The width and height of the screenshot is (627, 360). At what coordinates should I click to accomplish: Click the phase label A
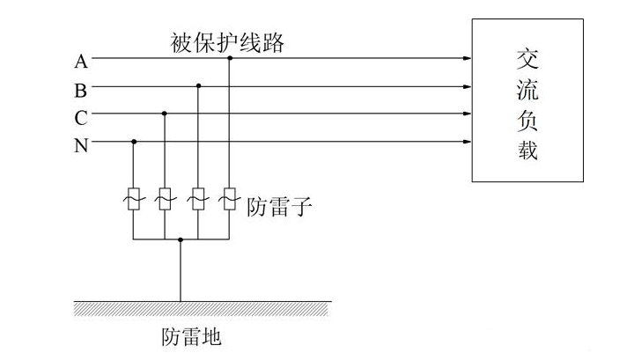80,61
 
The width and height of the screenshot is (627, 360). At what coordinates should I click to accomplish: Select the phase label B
80,88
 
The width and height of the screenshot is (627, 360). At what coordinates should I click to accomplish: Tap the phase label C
80,116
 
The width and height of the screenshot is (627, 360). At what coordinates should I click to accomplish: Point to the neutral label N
80,144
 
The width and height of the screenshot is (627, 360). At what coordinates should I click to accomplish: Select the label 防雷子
280,207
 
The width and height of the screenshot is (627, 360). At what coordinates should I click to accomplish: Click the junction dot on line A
230,58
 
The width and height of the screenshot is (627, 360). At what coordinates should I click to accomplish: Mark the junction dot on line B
198,86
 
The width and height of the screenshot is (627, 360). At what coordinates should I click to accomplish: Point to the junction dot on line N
134,141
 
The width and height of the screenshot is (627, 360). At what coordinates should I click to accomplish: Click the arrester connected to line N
134,199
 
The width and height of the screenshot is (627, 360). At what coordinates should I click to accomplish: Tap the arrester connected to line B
198,199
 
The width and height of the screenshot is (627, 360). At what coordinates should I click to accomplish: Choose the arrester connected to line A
230,199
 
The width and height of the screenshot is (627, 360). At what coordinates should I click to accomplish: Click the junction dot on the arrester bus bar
181,239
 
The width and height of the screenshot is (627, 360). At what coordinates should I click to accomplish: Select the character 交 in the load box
527,57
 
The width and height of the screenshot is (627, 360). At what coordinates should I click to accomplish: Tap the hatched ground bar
203,307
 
